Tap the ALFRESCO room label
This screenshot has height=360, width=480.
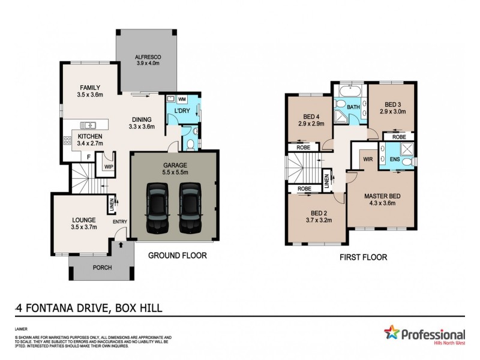pyautogui.click(x=148, y=60)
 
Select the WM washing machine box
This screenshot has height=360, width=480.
pyautogui.click(x=182, y=98)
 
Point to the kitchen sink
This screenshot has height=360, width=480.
pyautogui.click(x=88, y=125)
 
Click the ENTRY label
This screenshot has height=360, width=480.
pyautogui.click(x=119, y=222)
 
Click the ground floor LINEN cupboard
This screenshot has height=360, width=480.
pyautogui.click(x=111, y=204)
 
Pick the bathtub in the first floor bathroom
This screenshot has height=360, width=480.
pyautogui.click(x=349, y=92)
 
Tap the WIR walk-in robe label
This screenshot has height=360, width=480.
pyautogui.click(x=367, y=159)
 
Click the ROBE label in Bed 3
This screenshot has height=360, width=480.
pyautogui.click(x=398, y=137)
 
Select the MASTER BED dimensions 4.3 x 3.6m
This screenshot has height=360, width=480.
pyautogui.click(x=382, y=203)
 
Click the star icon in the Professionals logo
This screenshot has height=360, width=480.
pyautogui.click(x=391, y=332)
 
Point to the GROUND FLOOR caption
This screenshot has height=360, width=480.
pyautogui.click(x=177, y=256)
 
